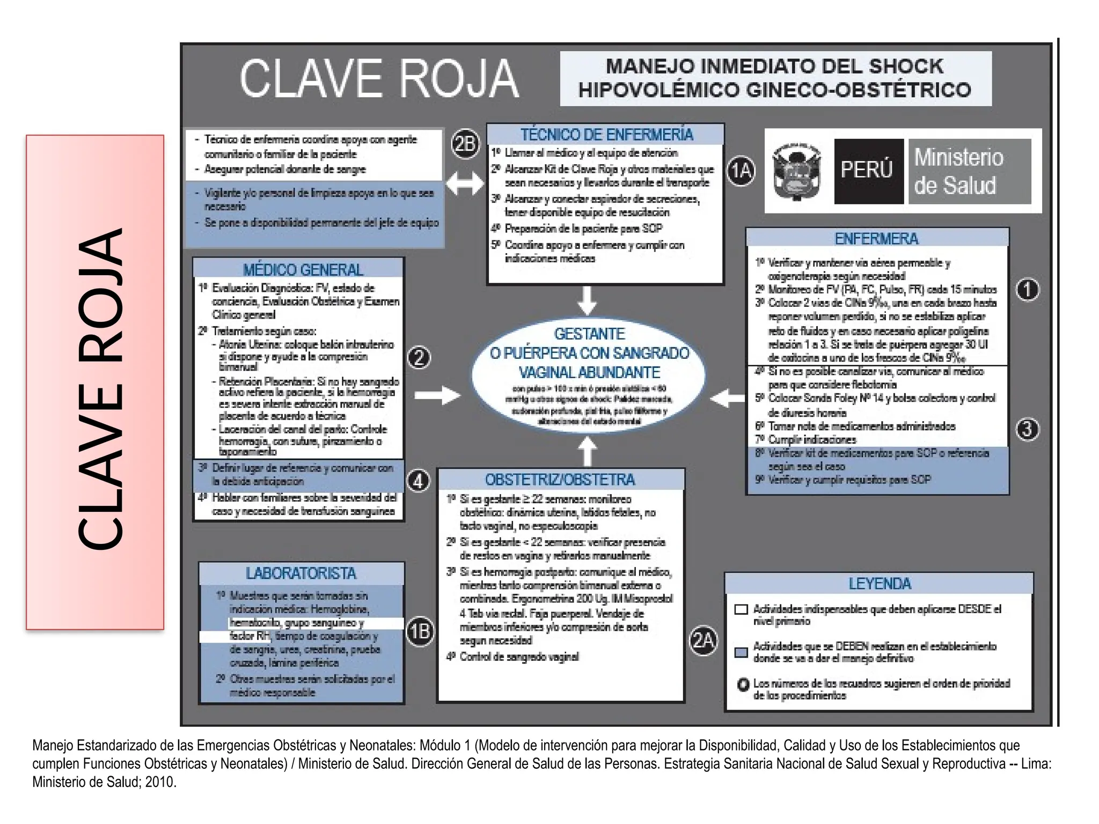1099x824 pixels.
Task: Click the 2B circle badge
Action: [465, 144]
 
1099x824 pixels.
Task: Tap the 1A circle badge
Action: [741, 171]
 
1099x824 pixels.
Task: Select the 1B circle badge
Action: [420, 632]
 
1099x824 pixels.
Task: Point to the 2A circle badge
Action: [704, 641]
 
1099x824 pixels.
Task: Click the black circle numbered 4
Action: [419, 480]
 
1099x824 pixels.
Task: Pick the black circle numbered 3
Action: [1028, 429]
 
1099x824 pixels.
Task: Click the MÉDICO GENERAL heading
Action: [303, 269]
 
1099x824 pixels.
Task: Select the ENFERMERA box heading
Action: [876, 239]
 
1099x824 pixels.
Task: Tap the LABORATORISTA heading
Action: [301, 573]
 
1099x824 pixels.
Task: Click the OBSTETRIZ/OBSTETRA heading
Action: [560, 480]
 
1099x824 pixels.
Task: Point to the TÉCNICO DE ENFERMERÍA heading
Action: [606, 135]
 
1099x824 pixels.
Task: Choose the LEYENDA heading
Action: [880, 584]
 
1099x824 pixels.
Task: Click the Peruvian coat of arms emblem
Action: [796, 172]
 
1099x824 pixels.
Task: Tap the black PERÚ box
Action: [868, 171]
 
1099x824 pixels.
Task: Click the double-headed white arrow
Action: [465, 184]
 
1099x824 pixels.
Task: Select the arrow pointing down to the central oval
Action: [587, 300]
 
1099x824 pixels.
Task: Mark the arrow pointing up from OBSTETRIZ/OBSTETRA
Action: [588, 451]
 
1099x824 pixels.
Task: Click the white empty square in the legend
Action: [741, 609]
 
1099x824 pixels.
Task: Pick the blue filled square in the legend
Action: [741, 652]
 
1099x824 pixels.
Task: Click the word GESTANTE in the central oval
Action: [589, 334]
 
